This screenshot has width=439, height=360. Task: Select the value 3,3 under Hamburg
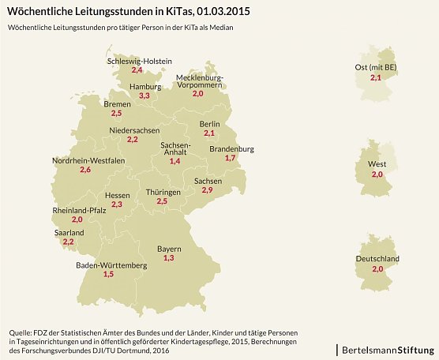pos(144,96)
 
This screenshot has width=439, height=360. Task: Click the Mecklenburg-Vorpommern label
pos(200,81)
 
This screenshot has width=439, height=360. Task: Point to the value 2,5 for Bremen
pos(116,114)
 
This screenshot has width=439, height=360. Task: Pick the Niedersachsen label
pos(134,129)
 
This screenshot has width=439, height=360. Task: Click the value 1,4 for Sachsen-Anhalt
pos(175,161)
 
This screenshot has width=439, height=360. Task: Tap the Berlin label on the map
pos(209,124)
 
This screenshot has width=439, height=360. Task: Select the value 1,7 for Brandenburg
pos(231,159)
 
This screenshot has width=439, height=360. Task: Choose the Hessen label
pos(117,195)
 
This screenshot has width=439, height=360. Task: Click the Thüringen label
pos(163,192)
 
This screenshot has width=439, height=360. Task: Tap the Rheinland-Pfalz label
pos(79,211)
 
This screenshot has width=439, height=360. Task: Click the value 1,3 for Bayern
pos(168,258)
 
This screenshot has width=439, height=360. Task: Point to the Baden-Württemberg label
pos(111,265)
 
